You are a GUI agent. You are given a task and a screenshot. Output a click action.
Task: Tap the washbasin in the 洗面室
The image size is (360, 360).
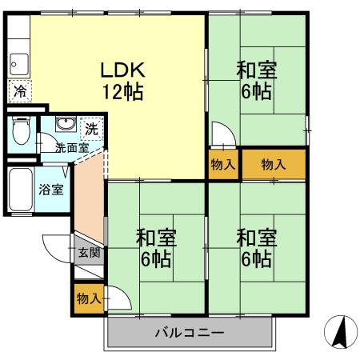(65, 126)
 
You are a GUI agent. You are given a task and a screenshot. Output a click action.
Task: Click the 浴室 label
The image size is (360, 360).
(51, 190)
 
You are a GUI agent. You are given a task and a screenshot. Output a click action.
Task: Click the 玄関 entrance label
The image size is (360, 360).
(90, 254)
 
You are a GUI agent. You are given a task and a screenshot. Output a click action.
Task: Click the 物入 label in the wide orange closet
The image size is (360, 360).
(273, 165)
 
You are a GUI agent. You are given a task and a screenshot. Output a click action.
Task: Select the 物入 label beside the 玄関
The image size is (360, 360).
(88, 298)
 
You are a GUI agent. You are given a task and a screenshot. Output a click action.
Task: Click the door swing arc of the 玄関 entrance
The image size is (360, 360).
(54, 244)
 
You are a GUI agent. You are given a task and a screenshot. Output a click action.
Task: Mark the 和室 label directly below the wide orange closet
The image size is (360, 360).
(256, 238)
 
